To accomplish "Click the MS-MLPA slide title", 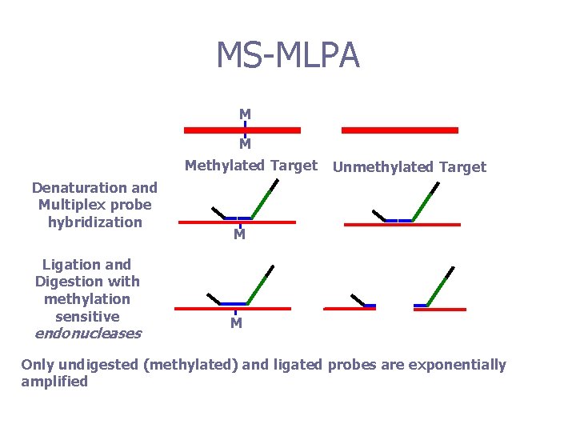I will [288, 55].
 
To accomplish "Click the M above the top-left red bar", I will [245, 114].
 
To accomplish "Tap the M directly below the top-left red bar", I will [245, 145].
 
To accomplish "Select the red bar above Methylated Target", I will [242, 130].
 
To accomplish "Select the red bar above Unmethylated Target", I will [400, 130].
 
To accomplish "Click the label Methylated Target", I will [251, 166].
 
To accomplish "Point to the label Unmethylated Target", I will [409, 167].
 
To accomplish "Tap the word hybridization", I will [94, 222].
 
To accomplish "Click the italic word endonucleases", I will [87, 334].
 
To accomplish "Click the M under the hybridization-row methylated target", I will [239, 236].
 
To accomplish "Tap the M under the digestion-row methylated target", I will [236, 324].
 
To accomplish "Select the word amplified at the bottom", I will [54, 382].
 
